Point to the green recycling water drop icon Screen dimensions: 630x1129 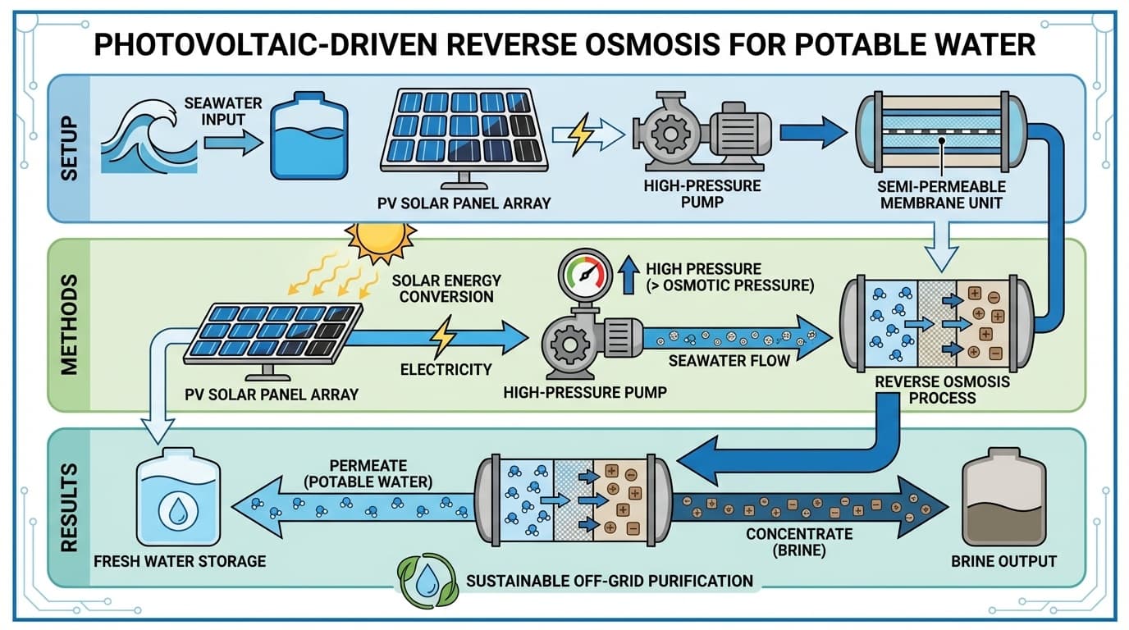click(423, 582)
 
